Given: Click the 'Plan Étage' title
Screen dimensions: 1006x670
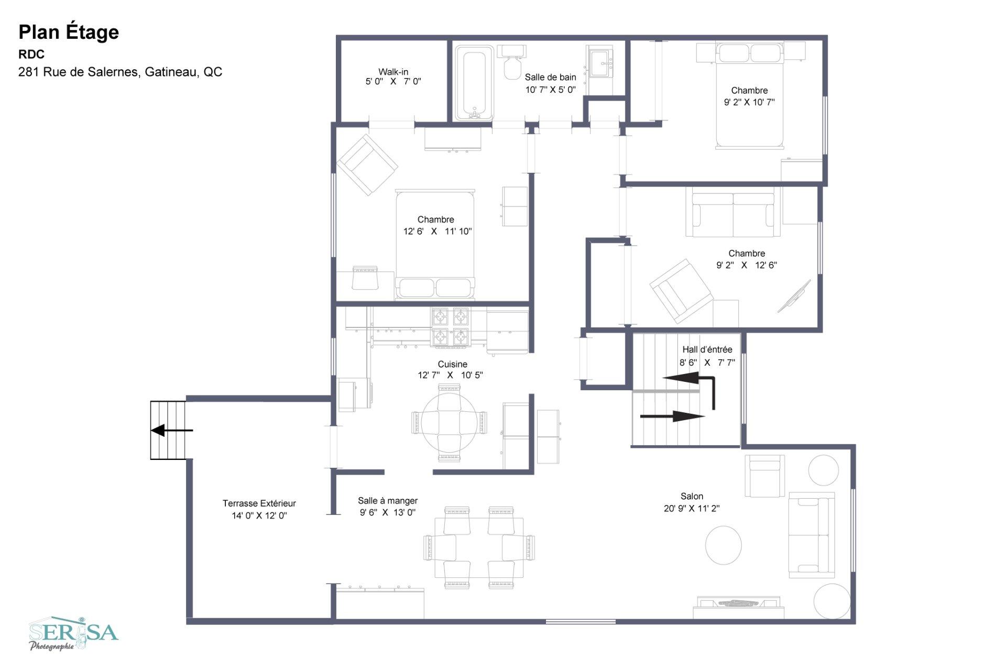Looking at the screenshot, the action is point(69,32).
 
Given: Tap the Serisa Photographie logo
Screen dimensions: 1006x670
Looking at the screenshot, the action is point(73,633).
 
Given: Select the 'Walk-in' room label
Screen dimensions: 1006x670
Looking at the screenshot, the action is point(393,72).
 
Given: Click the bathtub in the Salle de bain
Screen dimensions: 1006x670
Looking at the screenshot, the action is point(474,83).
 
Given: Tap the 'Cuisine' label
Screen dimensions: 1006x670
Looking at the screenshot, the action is point(453,364).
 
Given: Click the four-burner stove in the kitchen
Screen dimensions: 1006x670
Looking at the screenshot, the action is point(450,327).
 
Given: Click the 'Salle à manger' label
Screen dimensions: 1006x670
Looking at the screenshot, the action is point(388,501).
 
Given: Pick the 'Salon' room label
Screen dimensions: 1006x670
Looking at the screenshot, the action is point(692,496).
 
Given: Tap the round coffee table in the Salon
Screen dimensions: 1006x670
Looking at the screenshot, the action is point(723,545).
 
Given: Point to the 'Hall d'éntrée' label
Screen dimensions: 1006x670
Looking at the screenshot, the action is point(707,349).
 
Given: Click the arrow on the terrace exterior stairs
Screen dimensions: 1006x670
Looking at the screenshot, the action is point(172,431).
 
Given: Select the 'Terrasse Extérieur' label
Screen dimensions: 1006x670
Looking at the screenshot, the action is point(259,503).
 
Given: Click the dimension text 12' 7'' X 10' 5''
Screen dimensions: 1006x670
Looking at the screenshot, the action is point(450,375).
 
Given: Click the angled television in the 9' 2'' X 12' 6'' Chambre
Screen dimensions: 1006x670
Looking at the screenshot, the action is point(793,296).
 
